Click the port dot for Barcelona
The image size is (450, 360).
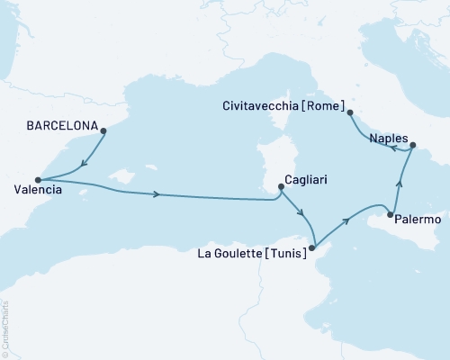click(x=104, y=131)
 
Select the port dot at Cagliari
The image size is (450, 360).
click(x=282, y=187)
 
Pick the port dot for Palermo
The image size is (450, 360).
click(x=390, y=214)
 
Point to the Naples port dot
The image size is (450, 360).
click(x=413, y=145)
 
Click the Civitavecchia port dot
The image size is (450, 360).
click(x=350, y=112)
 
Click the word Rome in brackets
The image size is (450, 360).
click(x=320, y=104)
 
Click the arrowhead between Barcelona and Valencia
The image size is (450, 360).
click(x=83, y=164)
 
